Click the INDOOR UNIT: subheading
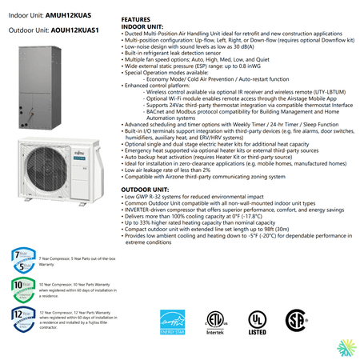[142, 26]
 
